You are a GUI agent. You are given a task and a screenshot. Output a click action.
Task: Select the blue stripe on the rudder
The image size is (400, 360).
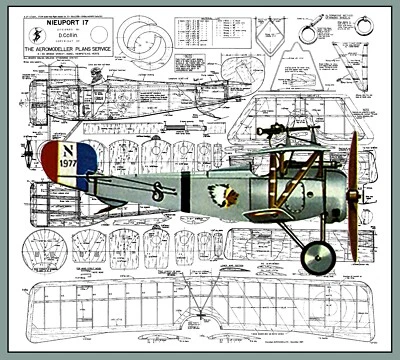(89, 162)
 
